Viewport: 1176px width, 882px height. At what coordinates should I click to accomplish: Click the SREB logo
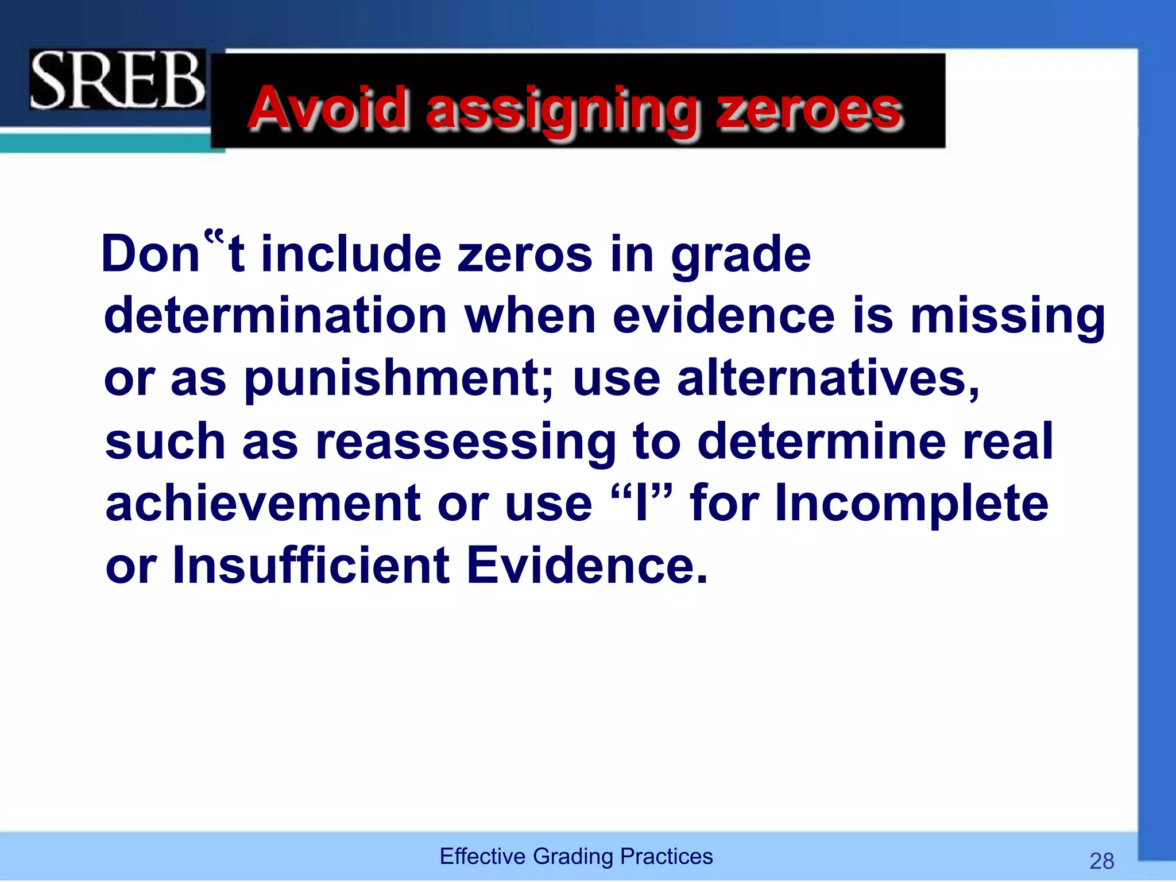click(117, 79)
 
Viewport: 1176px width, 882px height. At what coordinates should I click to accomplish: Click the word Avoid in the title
click(328, 108)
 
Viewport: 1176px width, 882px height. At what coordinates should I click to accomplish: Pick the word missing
click(1008, 318)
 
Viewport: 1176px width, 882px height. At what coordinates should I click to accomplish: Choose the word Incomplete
click(911, 504)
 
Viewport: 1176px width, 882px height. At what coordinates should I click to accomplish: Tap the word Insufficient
click(311, 566)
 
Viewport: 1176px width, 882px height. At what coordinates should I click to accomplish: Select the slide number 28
click(1101, 861)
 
